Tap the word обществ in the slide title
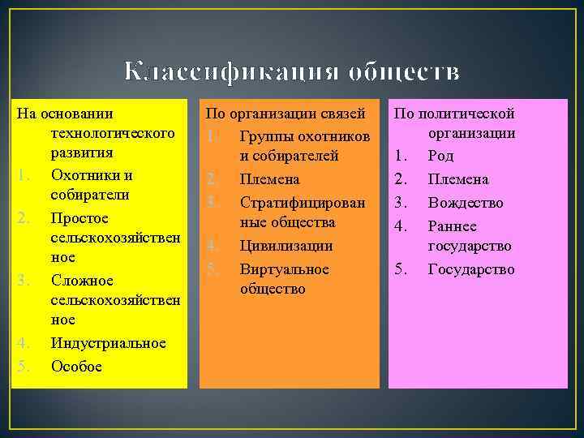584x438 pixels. click(403, 72)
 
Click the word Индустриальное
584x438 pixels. click(108, 343)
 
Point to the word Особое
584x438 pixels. click(76, 367)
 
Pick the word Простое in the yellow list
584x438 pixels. click(79, 219)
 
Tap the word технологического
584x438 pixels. click(113, 132)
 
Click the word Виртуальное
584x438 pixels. click(285, 268)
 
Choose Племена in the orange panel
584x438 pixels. click(270, 178)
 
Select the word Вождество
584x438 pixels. click(466, 203)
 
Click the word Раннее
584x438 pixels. click(453, 226)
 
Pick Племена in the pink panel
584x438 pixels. click(458, 179)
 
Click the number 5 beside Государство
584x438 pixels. click(399, 269)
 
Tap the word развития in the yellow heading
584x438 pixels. click(81, 152)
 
